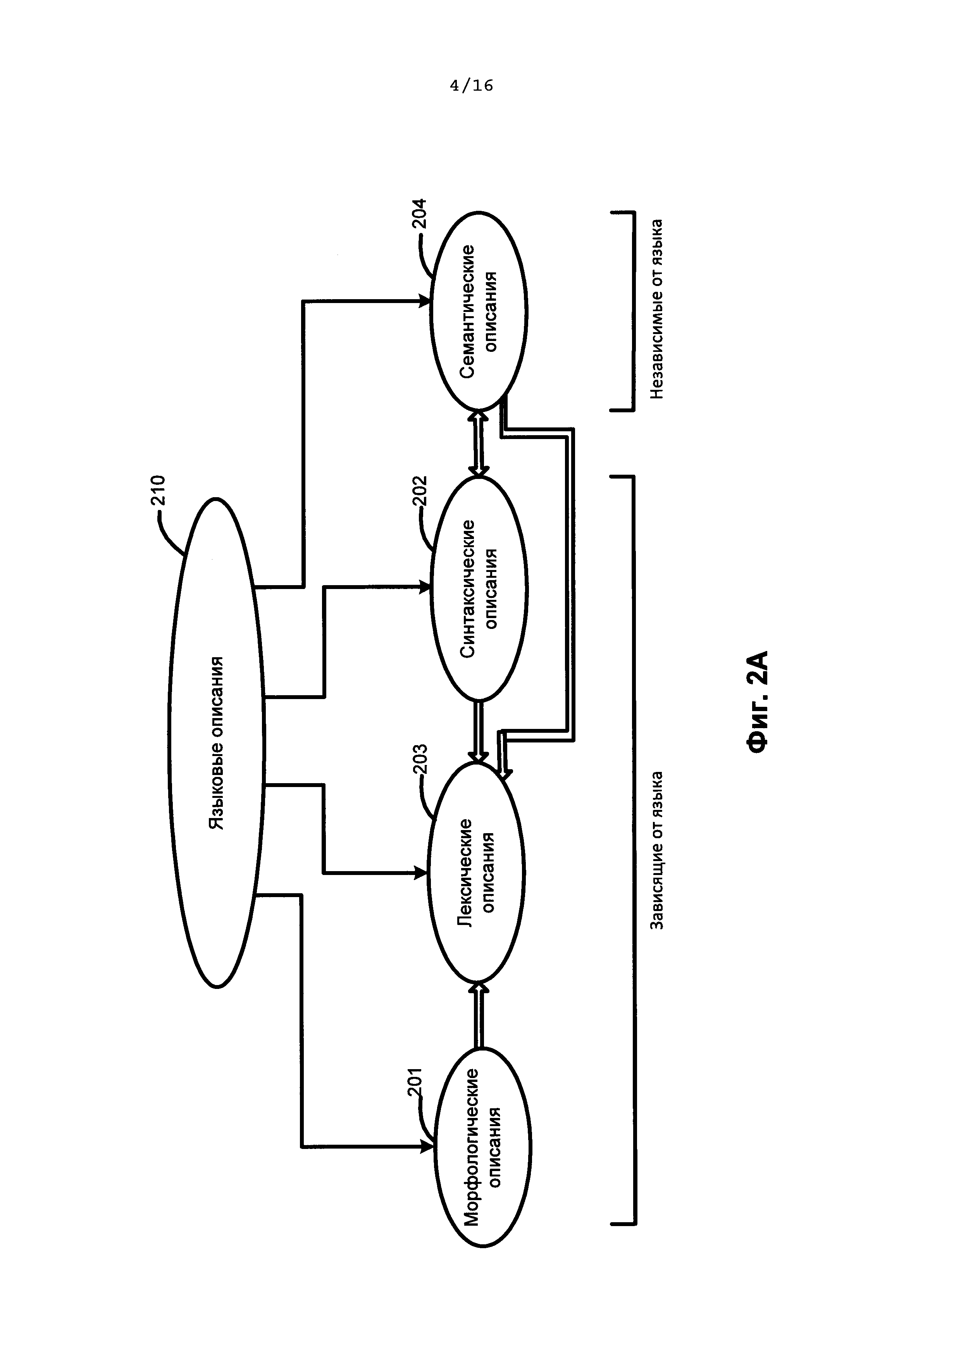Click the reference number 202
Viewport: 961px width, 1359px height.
[x=420, y=491]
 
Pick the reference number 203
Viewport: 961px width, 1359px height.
[x=420, y=761]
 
